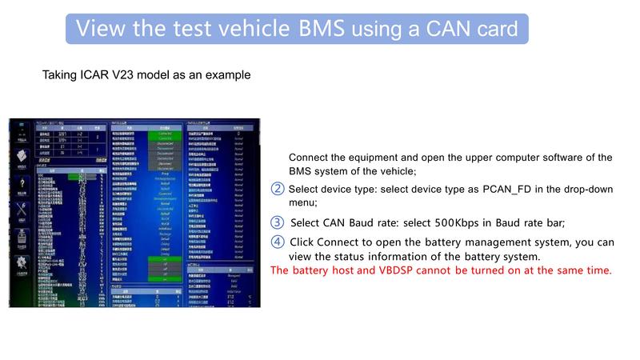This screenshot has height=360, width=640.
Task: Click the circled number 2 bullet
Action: point(278,189)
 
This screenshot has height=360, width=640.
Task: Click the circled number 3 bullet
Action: point(278,222)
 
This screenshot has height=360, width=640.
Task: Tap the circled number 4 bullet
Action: point(278,242)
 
